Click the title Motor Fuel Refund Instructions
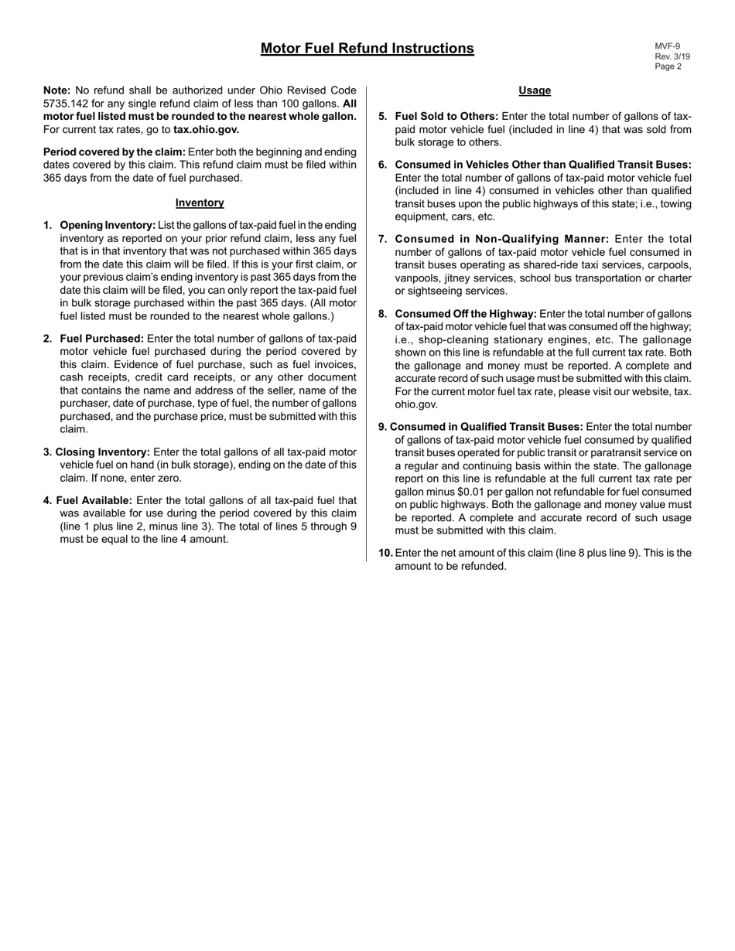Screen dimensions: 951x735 coord(367,49)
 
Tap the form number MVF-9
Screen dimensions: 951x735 coord(668,46)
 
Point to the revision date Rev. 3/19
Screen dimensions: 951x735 coord(672,56)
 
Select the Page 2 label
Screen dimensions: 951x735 coord(668,66)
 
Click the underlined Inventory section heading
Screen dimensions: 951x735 coord(200,203)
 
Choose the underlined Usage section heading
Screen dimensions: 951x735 coord(535,90)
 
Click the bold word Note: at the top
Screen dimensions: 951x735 coord(57,90)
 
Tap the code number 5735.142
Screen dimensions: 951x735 coord(67,104)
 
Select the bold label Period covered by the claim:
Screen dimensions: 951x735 coord(115,152)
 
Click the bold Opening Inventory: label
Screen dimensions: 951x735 coord(108,225)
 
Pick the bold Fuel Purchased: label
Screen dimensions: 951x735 coord(101,339)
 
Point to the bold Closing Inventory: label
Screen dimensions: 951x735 coord(103,452)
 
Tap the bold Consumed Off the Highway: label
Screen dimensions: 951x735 coord(466,314)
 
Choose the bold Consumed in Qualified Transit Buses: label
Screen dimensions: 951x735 coord(486,427)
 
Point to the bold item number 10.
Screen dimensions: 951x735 coord(385,553)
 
